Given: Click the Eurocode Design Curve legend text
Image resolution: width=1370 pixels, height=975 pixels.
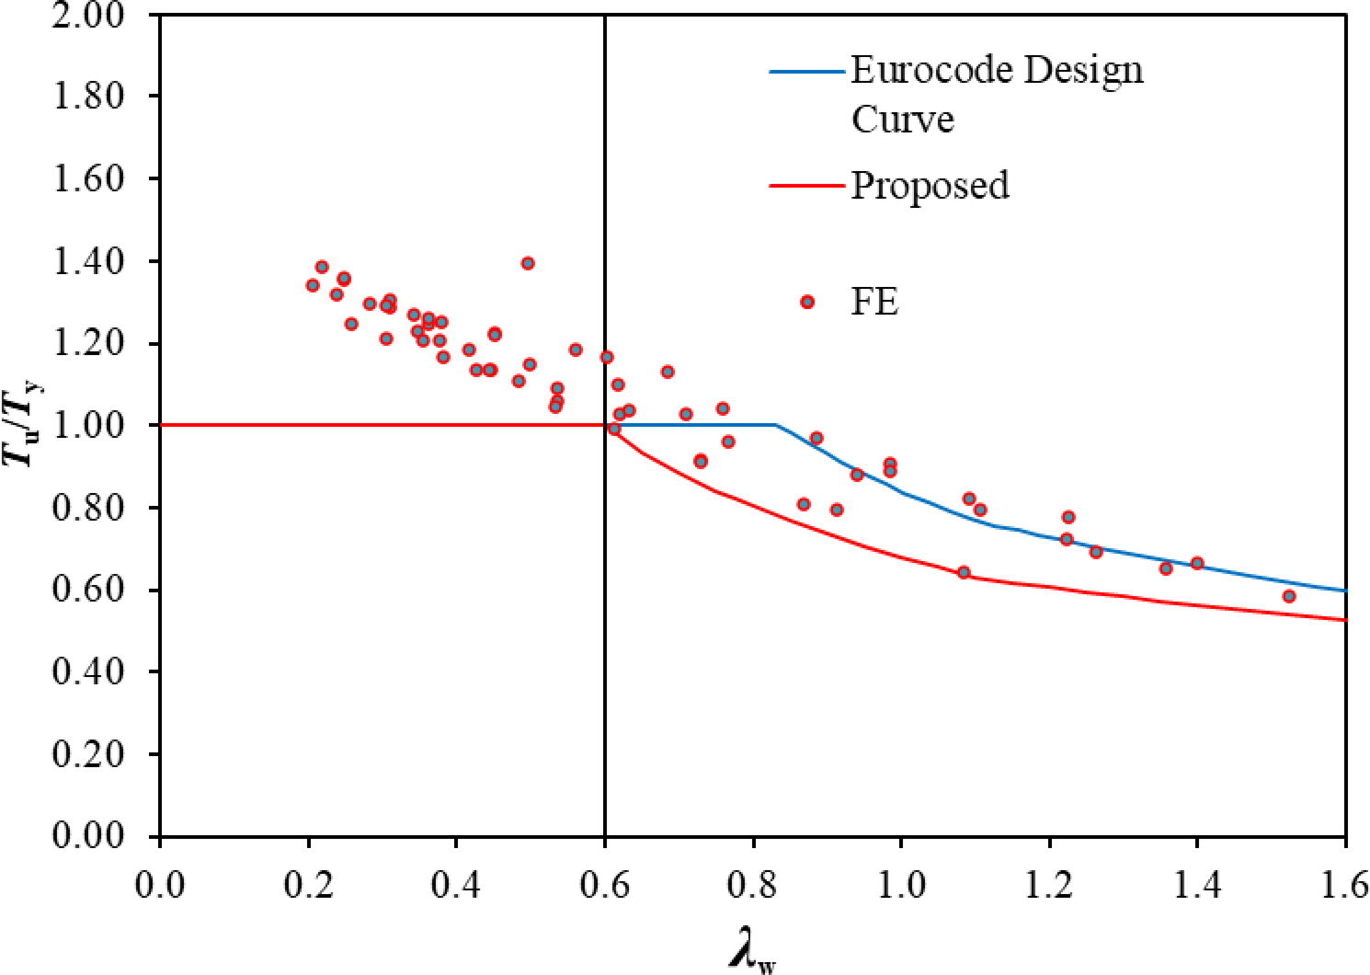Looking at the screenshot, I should click(996, 94).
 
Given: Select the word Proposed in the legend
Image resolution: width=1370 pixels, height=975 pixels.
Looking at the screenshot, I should click(930, 186).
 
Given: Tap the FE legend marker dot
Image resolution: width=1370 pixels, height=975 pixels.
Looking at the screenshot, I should click(807, 302).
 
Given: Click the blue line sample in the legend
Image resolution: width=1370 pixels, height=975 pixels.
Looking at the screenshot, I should click(806, 71).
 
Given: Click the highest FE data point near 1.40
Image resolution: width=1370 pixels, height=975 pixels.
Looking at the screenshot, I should click(528, 263).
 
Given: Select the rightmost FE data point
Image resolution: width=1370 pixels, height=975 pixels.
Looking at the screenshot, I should click(1289, 596).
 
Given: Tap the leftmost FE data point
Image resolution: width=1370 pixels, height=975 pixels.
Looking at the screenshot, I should click(313, 285).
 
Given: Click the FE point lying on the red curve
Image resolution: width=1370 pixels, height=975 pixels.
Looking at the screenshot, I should click(964, 572).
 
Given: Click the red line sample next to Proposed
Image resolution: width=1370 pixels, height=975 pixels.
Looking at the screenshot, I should click(806, 186).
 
